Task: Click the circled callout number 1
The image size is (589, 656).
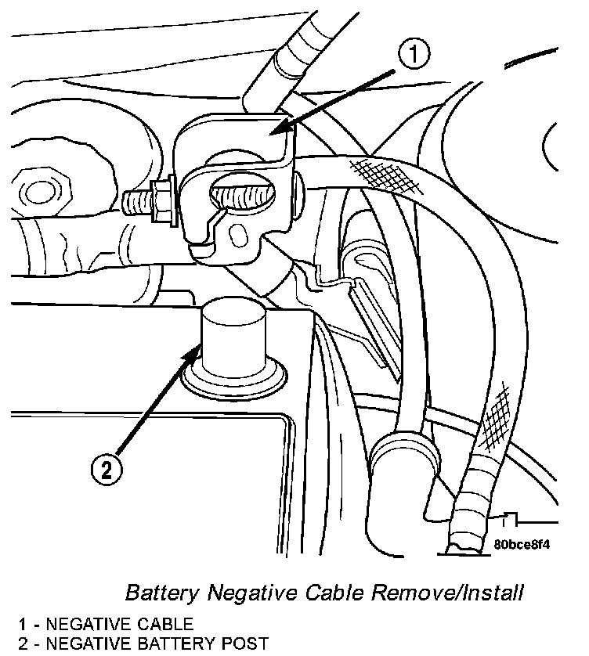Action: [415, 54]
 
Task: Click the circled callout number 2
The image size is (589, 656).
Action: [107, 469]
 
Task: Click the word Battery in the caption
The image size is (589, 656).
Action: [157, 592]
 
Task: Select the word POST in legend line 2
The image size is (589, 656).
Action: [244, 644]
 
